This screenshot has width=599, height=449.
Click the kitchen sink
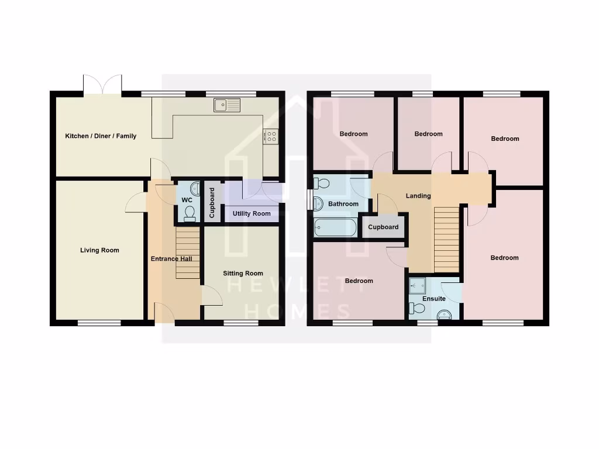pyautogui.click(x=227, y=105)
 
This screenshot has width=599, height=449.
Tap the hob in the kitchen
pyautogui.click(x=271, y=136)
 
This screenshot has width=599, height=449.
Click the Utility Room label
pyautogui.click(x=252, y=213)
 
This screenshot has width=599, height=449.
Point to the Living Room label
pyautogui.click(x=99, y=250)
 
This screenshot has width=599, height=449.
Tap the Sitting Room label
pyautogui.click(x=243, y=273)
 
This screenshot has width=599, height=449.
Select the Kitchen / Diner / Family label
pyautogui.click(x=101, y=136)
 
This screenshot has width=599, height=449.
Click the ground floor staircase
pyautogui.click(x=188, y=253)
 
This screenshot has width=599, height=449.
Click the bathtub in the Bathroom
pyautogui.click(x=335, y=227)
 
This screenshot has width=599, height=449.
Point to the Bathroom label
pyautogui.click(x=343, y=204)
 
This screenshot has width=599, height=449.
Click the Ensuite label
pyautogui.click(x=434, y=299)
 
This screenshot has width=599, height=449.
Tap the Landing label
pyautogui.click(x=418, y=196)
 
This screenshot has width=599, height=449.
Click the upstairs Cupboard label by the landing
pyautogui.click(x=384, y=227)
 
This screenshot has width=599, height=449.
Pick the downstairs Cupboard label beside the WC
pyautogui.click(x=212, y=203)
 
